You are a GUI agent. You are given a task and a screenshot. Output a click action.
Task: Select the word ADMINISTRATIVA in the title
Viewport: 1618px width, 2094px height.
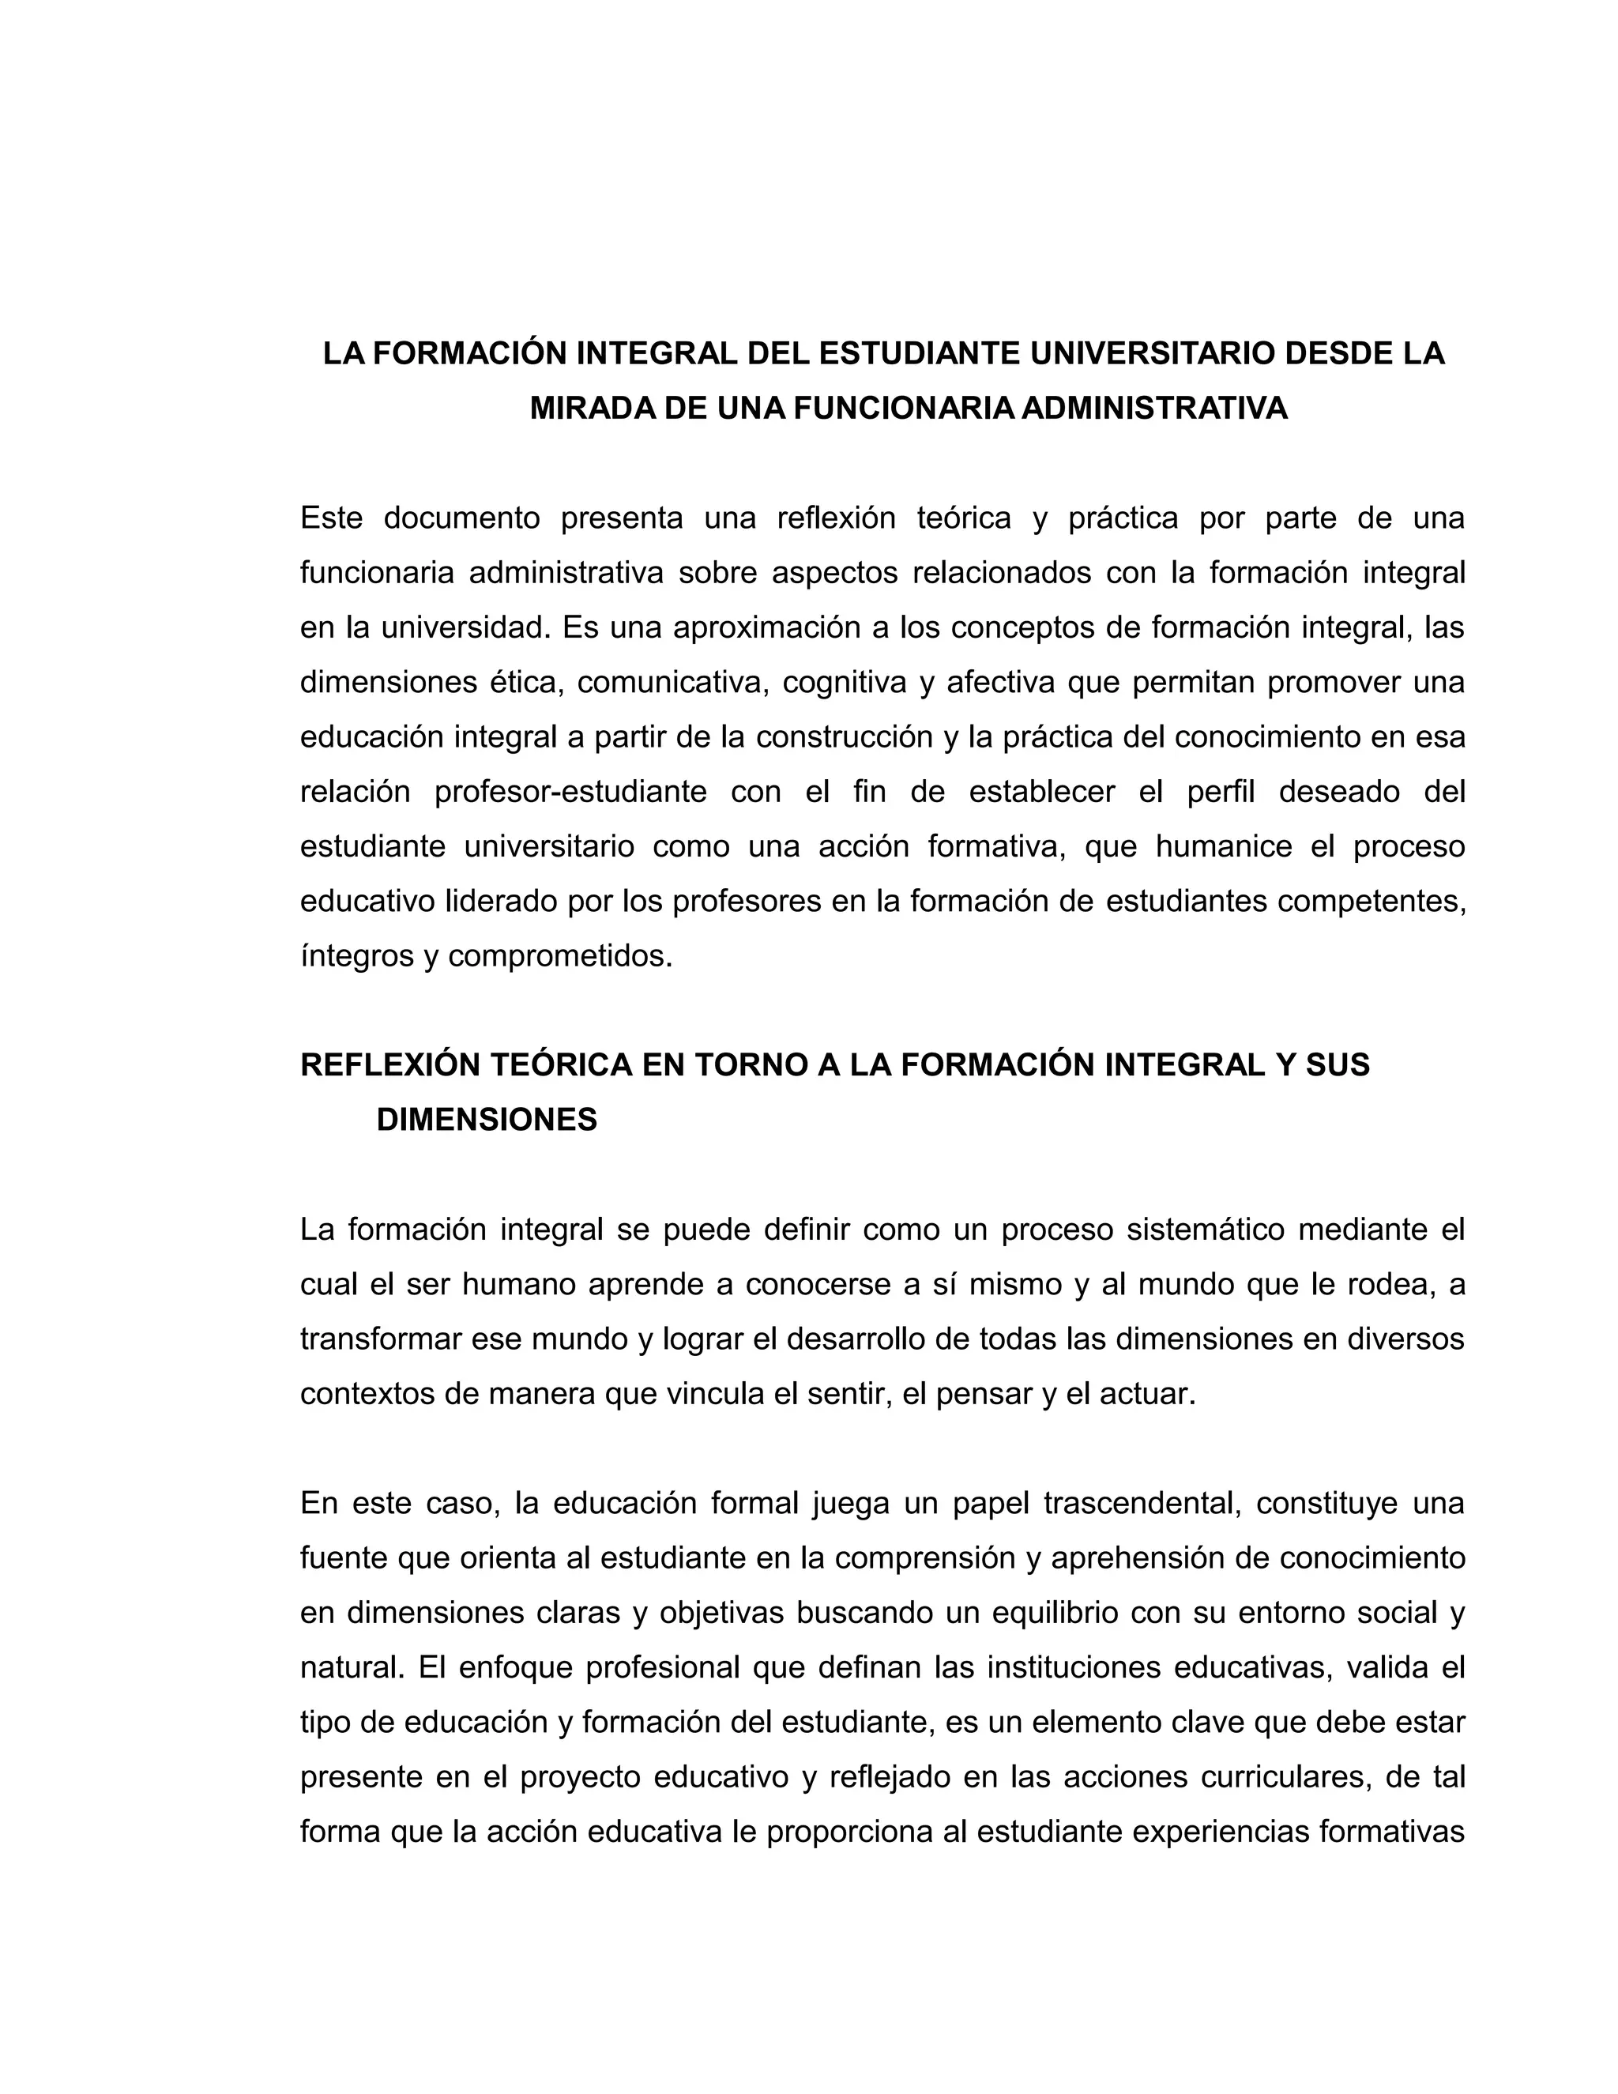click(x=1154, y=409)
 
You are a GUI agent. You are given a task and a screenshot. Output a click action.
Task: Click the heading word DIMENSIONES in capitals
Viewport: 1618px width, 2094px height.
click(x=487, y=1120)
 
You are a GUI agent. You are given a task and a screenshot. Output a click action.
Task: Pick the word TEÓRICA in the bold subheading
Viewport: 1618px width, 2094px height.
click(x=563, y=1065)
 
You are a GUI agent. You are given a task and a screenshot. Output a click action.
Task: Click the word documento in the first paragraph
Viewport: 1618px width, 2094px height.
click(x=462, y=518)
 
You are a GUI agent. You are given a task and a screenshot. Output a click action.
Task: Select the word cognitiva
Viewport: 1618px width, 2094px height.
click(x=845, y=683)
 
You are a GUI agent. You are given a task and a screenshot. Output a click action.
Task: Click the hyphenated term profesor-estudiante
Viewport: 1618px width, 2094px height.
click(x=570, y=792)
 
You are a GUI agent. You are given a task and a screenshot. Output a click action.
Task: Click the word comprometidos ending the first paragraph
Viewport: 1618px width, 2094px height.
click(x=560, y=957)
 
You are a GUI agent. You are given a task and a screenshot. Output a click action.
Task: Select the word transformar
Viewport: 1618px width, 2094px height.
click(x=382, y=1339)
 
